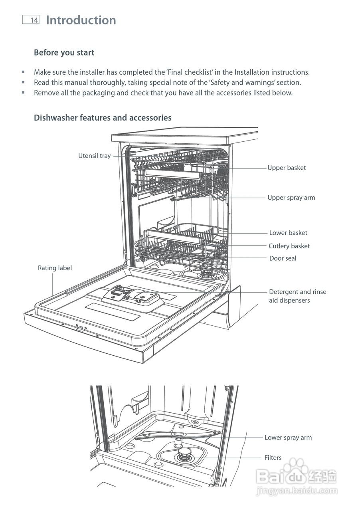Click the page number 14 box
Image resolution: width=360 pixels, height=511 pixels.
coord(31,20)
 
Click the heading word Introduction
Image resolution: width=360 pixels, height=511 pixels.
coord(81,20)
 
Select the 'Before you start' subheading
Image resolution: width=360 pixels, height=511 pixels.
coord(64,52)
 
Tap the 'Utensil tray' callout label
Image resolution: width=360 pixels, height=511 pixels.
coord(94,156)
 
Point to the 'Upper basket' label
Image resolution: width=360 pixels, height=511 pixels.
coord(287,168)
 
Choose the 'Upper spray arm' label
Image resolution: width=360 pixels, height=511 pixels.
coord(291,198)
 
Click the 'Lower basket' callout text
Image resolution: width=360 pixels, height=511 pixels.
coord(288,233)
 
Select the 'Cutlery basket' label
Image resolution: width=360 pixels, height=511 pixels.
coord(289,246)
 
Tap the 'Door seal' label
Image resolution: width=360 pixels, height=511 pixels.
coord(283,258)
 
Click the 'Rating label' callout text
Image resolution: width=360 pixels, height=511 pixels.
coord(55,268)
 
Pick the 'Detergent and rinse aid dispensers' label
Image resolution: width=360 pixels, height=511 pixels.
coord(297,296)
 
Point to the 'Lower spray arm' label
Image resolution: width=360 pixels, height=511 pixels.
coord(288,438)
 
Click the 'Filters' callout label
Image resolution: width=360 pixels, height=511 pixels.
coord(273,458)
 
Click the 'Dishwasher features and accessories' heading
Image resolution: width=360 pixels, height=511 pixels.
coord(103,118)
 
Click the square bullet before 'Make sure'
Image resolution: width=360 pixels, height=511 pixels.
coord(23,72)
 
